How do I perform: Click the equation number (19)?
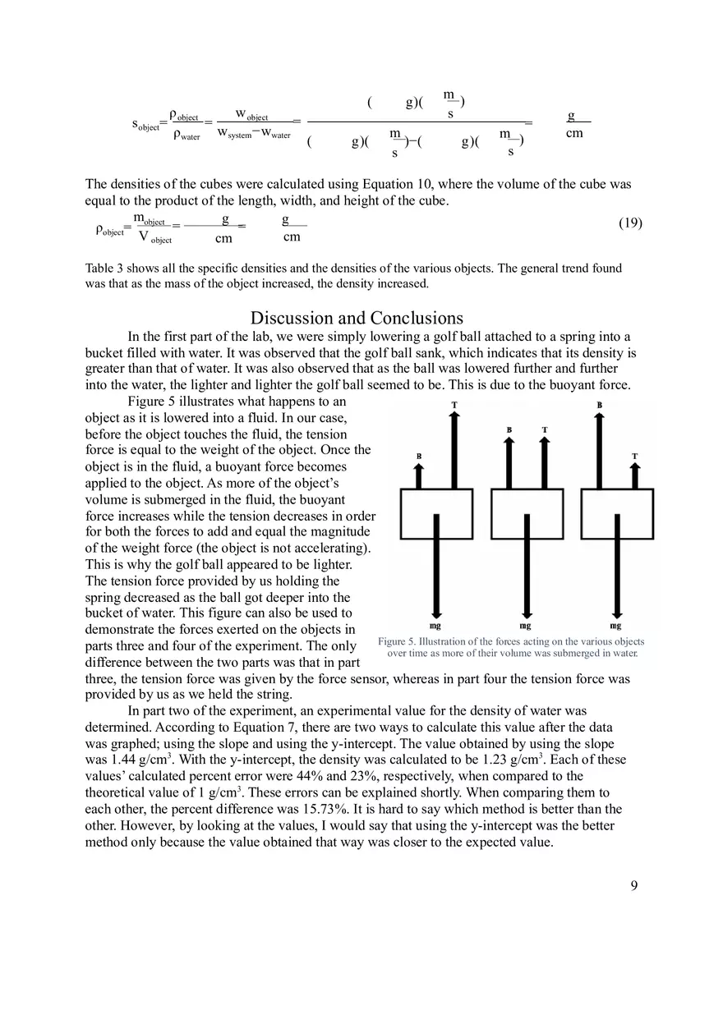pos(629,223)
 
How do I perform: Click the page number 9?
pos(633,884)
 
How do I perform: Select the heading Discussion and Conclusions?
pos(357,318)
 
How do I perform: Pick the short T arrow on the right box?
pos(634,475)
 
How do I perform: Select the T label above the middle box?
pos(545,429)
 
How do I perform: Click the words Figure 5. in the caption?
pos(396,641)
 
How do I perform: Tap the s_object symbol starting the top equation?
pos(145,125)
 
